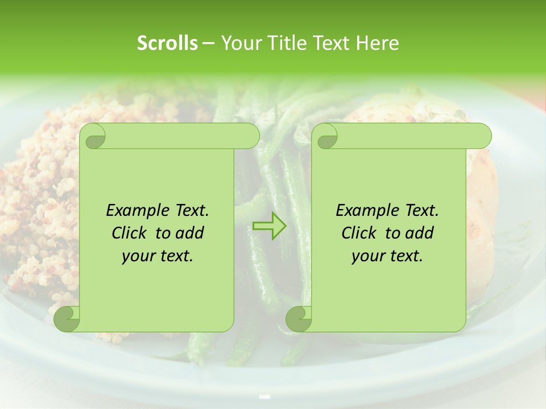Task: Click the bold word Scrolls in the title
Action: [x=167, y=43]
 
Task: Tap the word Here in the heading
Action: [x=377, y=43]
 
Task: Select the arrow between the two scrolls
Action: [x=269, y=226]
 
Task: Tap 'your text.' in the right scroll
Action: [x=387, y=256]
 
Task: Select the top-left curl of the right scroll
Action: [x=326, y=136]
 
